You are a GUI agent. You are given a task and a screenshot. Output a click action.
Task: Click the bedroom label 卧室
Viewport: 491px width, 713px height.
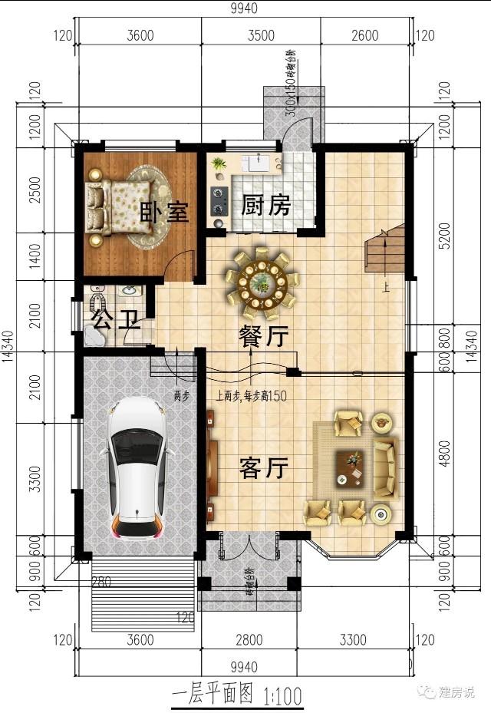[x=164, y=211]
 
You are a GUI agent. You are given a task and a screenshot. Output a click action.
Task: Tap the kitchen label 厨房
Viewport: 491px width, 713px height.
[x=265, y=205]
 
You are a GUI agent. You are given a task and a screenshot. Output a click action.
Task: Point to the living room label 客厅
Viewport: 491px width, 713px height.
[x=263, y=467]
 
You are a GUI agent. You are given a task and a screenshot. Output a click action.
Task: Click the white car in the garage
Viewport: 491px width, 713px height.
[x=137, y=467]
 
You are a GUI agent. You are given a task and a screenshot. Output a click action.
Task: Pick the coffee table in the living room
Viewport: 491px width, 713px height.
[x=351, y=467]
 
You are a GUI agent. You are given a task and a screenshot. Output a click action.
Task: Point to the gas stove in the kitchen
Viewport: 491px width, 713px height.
[x=219, y=201]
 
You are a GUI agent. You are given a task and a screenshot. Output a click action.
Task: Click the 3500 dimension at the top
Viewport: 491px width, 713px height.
[x=261, y=35]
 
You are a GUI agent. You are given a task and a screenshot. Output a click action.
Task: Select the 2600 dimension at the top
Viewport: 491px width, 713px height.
[x=364, y=35]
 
